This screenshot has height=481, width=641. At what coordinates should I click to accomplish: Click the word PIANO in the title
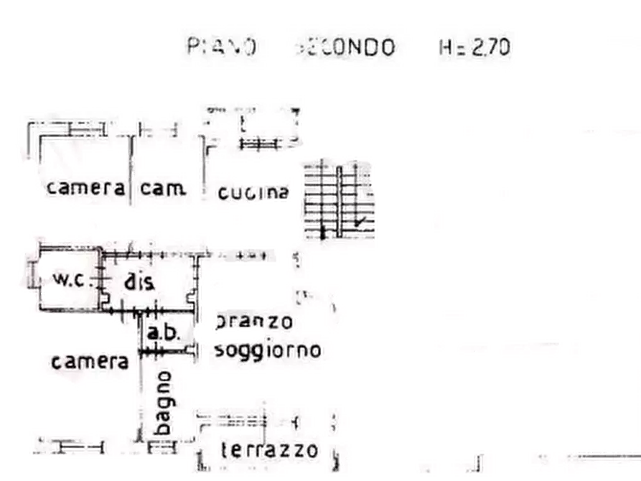(219, 47)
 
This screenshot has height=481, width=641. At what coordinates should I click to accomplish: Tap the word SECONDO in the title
(347, 47)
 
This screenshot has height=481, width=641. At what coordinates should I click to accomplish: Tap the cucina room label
(253, 192)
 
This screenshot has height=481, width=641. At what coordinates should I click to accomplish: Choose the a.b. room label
(164, 332)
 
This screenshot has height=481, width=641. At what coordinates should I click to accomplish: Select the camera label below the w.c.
(90, 360)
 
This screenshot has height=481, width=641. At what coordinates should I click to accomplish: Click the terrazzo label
(268, 450)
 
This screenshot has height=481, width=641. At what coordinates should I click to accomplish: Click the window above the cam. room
(158, 131)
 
